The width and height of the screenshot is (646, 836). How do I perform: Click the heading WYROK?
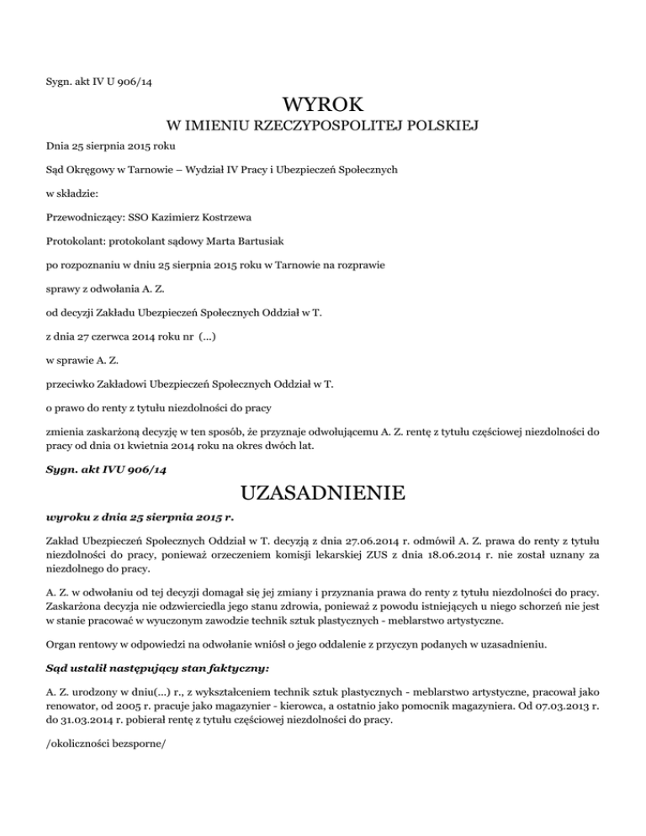(323, 105)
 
